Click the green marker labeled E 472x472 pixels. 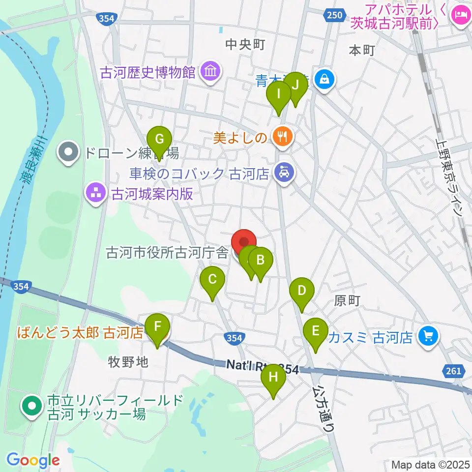pos(315,330)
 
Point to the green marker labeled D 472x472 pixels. pos(301,290)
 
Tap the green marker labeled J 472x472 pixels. pos(295,85)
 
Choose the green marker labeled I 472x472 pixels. pos(279,93)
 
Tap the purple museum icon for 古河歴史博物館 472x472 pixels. pos(210,72)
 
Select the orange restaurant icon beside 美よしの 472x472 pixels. pos(282,136)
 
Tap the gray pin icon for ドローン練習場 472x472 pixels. pos(69,153)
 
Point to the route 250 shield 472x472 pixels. pos(333,16)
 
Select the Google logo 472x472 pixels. pos(33,461)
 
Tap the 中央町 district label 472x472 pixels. pos(245,45)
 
